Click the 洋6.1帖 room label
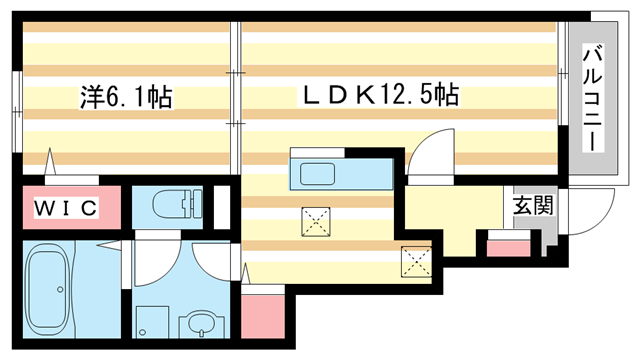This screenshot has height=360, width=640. pyautogui.click(x=126, y=98)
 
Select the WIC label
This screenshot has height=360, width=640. pyautogui.click(x=67, y=208)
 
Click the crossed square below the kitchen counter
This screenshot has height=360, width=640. pyautogui.click(x=317, y=221)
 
